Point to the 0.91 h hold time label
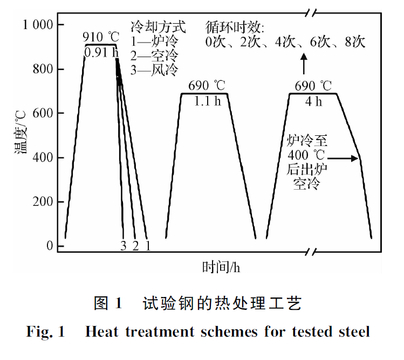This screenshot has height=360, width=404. click(x=101, y=52)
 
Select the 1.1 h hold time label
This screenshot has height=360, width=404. click(x=207, y=101)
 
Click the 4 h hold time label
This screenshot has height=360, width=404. click(x=313, y=101)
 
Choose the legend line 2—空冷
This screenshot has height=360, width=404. click(x=154, y=55)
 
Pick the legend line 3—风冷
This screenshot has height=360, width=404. click(x=154, y=70)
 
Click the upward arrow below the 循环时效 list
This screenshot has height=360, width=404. click(x=304, y=64)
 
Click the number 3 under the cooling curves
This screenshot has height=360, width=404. click(x=124, y=246)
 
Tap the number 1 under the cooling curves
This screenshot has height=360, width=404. click(x=147, y=246)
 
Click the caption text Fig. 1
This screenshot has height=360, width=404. click(x=45, y=331)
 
